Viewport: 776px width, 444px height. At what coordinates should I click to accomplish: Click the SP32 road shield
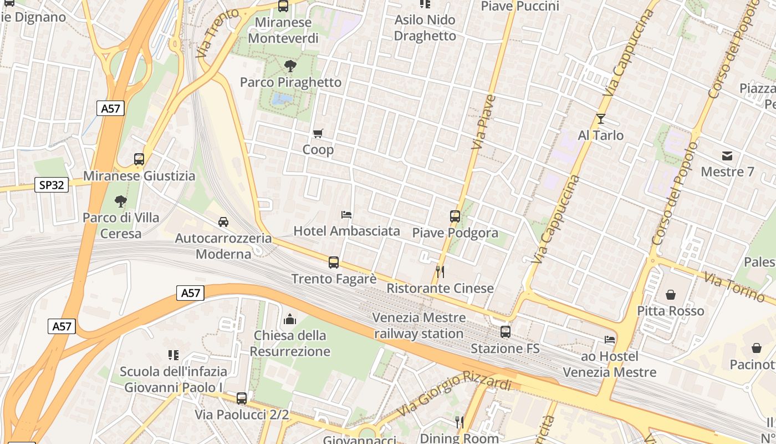[52, 185]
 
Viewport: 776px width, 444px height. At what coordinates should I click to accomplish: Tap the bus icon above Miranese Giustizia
[139, 159]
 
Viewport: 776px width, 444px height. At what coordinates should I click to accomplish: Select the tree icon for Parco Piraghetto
[290, 67]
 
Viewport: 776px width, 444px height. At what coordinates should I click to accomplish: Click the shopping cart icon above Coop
[318, 133]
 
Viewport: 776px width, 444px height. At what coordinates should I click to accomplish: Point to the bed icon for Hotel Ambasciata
[346, 214]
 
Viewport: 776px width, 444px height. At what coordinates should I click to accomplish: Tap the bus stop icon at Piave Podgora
[455, 216]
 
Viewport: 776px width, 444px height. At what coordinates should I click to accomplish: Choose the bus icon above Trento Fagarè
[334, 263]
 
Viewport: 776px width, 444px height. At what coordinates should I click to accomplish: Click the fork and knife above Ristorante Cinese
[440, 272]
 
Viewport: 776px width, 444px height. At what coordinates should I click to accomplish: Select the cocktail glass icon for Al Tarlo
[600, 119]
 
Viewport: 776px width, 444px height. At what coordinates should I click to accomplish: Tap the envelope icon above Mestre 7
[727, 155]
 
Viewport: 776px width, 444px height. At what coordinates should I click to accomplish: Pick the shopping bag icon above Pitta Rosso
[671, 294]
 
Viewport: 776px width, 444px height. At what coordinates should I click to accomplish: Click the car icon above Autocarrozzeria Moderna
[223, 222]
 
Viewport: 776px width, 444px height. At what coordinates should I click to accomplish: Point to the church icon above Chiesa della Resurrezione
[290, 319]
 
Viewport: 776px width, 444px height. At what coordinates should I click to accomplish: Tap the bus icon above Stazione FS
[506, 332]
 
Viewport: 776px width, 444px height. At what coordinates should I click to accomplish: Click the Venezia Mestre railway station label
[419, 326]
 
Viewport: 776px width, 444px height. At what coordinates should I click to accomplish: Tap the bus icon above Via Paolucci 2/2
[242, 398]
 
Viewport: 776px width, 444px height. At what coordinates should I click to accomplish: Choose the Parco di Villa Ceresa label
[121, 225]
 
